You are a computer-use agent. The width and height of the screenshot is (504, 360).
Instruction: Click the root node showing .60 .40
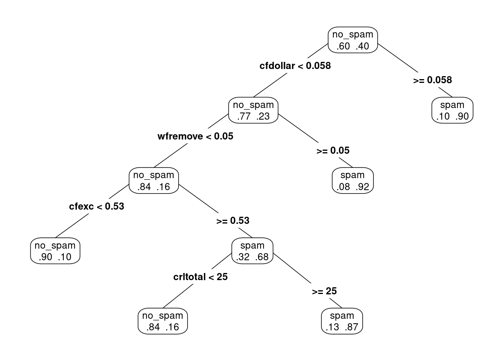pyautogui.click(x=352, y=40)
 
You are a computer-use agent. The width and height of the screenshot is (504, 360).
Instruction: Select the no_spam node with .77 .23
pyautogui.click(x=253, y=110)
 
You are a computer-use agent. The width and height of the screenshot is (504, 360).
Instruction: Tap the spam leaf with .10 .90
pyautogui.click(x=452, y=110)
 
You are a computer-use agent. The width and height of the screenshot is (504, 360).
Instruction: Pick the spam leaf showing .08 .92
pyautogui.click(x=352, y=180)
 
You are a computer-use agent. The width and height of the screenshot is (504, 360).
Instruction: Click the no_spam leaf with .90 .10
pyautogui.click(x=55, y=250)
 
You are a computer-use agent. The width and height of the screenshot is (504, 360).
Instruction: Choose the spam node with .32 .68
pyautogui.click(x=252, y=250)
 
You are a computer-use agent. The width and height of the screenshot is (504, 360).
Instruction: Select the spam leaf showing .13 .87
pyautogui.click(x=342, y=321)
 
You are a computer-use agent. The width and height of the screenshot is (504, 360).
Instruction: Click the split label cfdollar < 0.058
pyautogui.click(x=295, y=66)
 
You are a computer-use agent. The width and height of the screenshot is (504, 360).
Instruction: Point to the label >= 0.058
pyautogui.click(x=432, y=80)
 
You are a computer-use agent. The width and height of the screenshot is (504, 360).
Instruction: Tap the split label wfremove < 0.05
pyautogui.click(x=195, y=136)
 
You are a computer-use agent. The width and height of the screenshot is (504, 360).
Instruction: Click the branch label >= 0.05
pyautogui.click(x=333, y=150)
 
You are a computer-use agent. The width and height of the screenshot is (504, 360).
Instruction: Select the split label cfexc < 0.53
pyautogui.click(x=96, y=207)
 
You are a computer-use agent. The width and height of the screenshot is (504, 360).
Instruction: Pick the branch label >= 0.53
pyautogui.click(x=233, y=221)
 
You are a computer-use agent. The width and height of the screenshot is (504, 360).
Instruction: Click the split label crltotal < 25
pyautogui.click(x=200, y=277)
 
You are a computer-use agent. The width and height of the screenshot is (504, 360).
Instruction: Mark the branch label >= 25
pyautogui.click(x=324, y=291)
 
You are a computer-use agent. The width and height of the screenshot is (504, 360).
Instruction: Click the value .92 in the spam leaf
pyautogui.click(x=362, y=187)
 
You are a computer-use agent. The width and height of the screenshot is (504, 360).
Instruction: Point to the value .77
pyautogui.click(x=244, y=116)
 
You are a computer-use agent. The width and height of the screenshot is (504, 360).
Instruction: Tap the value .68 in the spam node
pyautogui.click(x=262, y=257)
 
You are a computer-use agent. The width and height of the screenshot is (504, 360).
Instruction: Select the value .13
pyautogui.click(x=332, y=327)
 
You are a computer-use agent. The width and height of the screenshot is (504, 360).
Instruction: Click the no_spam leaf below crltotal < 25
pyautogui.click(x=163, y=321)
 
